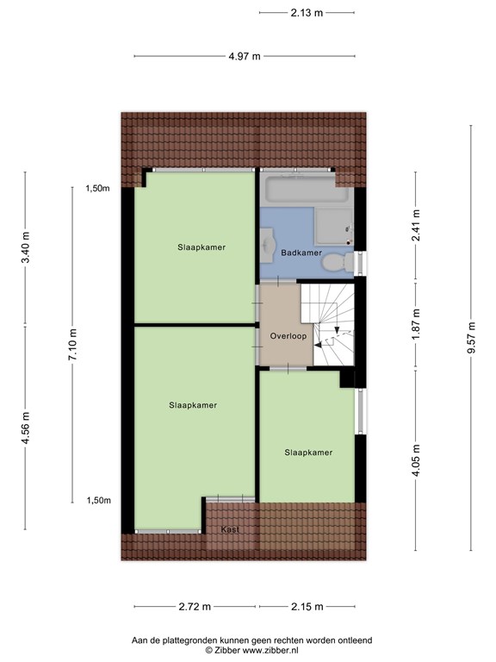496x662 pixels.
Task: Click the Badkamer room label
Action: [x=301, y=253]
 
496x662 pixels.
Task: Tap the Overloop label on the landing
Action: [x=288, y=336]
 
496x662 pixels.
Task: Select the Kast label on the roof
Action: [x=230, y=529]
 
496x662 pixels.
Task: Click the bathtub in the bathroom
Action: [x=307, y=189]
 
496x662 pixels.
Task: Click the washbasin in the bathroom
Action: [x=268, y=243]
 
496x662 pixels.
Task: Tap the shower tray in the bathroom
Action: [x=334, y=226]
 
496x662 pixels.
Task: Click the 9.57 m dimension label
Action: [x=471, y=338]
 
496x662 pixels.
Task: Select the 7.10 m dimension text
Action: [x=72, y=345]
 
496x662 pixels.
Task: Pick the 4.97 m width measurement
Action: [x=245, y=56]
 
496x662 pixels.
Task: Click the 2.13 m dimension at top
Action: [x=307, y=13]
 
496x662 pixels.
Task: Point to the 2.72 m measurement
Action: [x=195, y=607]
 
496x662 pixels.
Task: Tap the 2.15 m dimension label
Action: [x=307, y=607]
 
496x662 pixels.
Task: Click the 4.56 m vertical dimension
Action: [x=26, y=428]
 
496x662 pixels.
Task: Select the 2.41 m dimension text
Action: [x=416, y=225]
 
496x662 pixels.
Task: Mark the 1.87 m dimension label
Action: [x=416, y=324]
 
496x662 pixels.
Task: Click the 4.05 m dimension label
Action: [x=416, y=460]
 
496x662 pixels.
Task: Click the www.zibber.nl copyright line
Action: [x=251, y=651]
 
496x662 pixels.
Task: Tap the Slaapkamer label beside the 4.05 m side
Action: [x=308, y=453]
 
